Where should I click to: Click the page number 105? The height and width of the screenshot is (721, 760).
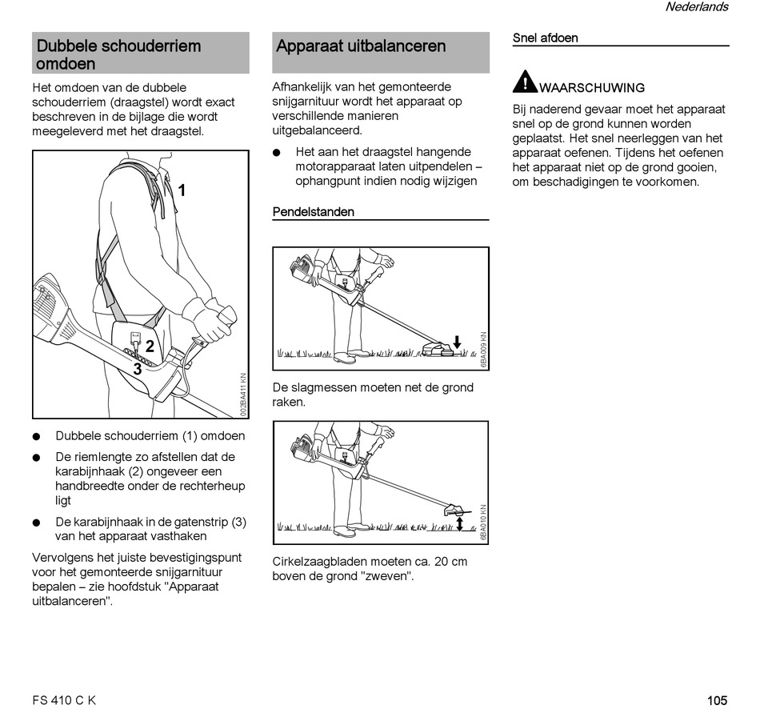pyautogui.click(x=717, y=700)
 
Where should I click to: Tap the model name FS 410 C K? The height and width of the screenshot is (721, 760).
pyautogui.click(x=64, y=700)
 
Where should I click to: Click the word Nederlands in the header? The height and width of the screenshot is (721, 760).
pyautogui.click(x=696, y=7)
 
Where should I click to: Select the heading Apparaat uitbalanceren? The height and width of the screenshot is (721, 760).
pyautogui.click(x=361, y=46)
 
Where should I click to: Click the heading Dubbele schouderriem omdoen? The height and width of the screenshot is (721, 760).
pyautogui.click(x=118, y=54)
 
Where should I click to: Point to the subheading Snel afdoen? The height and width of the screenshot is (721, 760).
pyautogui.click(x=545, y=38)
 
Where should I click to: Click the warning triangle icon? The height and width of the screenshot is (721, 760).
pyautogui.click(x=525, y=82)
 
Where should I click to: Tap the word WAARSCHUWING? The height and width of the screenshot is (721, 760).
pyautogui.click(x=592, y=88)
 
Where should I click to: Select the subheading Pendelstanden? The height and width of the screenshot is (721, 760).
pyautogui.click(x=313, y=212)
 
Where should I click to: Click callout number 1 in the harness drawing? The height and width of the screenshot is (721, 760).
pyautogui.click(x=182, y=190)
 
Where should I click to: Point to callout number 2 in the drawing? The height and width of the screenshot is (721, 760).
pyautogui.click(x=150, y=347)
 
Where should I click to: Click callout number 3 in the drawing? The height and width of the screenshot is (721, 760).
pyautogui.click(x=138, y=369)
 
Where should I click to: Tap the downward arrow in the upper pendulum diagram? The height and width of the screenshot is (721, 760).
pyautogui.click(x=456, y=342)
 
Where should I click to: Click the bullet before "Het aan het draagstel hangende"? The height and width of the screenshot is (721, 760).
pyautogui.click(x=277, y=152)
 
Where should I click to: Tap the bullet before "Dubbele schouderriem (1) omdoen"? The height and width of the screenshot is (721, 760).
pyautogui.click(x=37, y=437)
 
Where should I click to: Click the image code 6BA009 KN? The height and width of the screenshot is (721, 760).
pyautogui.click(x=482, y=349)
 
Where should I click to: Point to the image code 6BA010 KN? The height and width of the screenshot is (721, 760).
pyautogui.click(x=482, y=523)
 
